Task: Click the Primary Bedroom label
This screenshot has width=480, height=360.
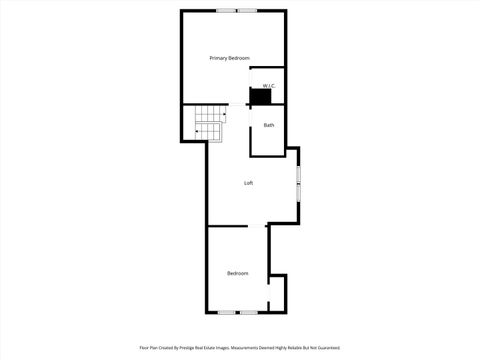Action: pyautogui.click(x=229, y=59)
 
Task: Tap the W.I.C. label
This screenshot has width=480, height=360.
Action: pyautogui.click(x=267, y=86)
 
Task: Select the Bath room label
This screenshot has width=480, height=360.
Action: pyautogui.click(x=269, y=125)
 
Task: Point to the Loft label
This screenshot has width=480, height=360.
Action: pyautogui.click(x=249, y=183)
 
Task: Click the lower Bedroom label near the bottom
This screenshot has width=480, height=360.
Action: pyautogui.click(x=237, y=273)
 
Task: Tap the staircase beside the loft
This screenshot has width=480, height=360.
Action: pyautogui.click(x=209, y=124)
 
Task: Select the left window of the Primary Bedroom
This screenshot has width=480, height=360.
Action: pyautogui.click(x=225, y=10)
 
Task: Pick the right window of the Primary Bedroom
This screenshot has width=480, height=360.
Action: pyautogui.click(x=246, y=10)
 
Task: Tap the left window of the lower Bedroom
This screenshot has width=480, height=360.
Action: pyautogui.click(x=226, y=312)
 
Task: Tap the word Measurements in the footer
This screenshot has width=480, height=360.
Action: pyautogui.click(x=252, y=348)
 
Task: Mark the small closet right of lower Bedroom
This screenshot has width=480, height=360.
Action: pyautogui.click(x=277, y=292)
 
